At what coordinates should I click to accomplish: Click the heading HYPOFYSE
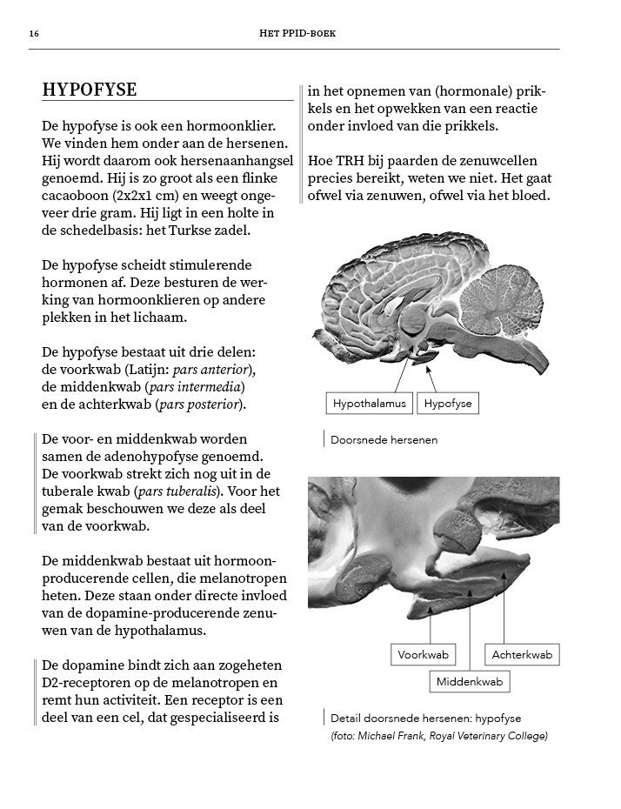click(x=90, y=90)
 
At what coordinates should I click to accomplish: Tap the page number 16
click(x=33, y=34)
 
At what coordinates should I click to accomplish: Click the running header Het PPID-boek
click(x=298, y=34)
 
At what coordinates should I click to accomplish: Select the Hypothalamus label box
click(x=370, y=404)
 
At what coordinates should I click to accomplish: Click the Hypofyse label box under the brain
click(x=448, y=404)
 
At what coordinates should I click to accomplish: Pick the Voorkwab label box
click(x=423, y=654)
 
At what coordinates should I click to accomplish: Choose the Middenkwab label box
click(x=470, y=682)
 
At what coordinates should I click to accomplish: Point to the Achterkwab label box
click(x=522, y=654)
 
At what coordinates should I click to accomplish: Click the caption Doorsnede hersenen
click(x=384, y=440)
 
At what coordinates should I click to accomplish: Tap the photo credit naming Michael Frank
click(x=438, y=736)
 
